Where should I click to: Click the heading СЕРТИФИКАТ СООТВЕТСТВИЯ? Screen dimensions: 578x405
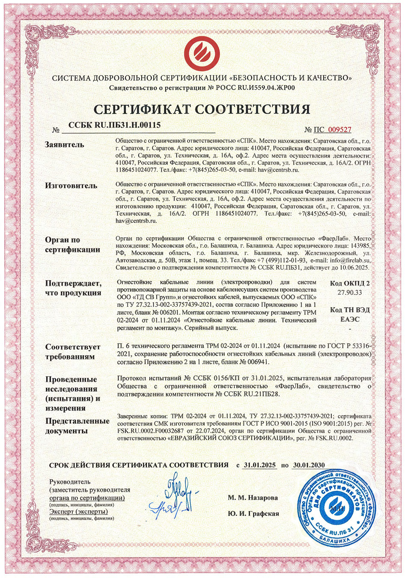click(x=202, y=109)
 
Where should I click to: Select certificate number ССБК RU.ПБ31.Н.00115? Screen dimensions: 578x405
click(x=114, y=125)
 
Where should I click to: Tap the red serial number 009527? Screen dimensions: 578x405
click(x=339, y=129)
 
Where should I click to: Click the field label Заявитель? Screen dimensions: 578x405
click(x=65, y=144)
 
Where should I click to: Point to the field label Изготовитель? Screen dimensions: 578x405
click(x=71, y=186)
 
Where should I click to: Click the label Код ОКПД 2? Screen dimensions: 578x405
click(x=350, y=283)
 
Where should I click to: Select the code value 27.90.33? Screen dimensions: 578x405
click(x=349, y=293)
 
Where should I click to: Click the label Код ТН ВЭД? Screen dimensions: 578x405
click(x=350, y=310)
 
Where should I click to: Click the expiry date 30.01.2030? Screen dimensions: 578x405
click(x=309, y=465)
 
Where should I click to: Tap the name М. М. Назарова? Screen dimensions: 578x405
click(x=253, y=497)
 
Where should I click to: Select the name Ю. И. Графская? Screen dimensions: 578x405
click(x=253, y=513)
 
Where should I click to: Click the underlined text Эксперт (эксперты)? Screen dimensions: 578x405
click(x=78, y=512)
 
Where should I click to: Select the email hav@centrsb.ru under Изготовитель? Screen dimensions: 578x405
click(x=137, y=221)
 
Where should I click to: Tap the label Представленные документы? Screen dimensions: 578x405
click(x=77, y=426)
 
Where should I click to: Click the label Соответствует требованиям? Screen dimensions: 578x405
click(x=73, y=351)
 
